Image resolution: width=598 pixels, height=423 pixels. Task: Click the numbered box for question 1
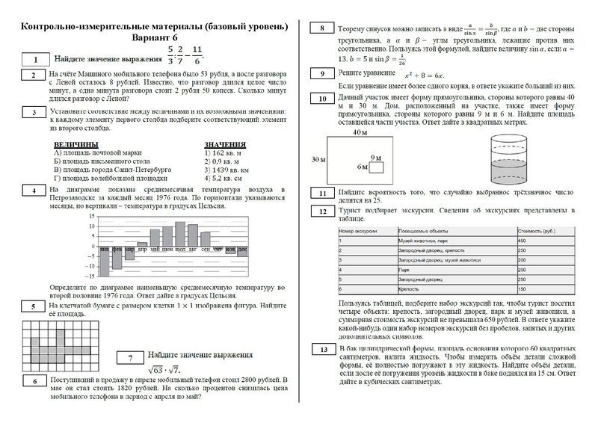pyautogui.click(x=34, y=59)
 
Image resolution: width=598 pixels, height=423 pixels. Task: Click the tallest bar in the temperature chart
pyautogui.click(x=179, y=233)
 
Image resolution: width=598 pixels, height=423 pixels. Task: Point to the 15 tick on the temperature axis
pyautogui.click(x=92, y=216)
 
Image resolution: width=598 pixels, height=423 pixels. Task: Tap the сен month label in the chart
pyautogui.click(x=205, y=249)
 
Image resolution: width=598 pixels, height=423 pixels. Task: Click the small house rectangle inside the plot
pyautogui.click(x=375, y=167)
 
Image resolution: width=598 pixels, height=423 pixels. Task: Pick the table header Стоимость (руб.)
pyautogui.click(x=534, y=231)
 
